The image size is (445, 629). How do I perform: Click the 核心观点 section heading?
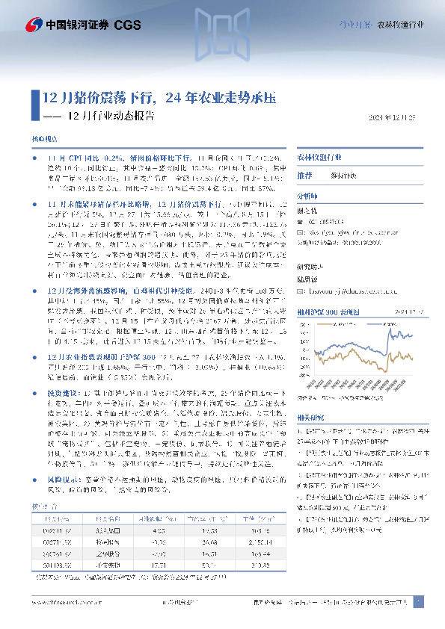[x=43, y=140]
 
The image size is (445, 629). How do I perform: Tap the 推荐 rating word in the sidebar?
[x=304, y=175]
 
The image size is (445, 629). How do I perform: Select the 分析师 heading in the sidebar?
[x=307, y=195]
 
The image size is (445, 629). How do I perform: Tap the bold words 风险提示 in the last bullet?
[x=62, y=462]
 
